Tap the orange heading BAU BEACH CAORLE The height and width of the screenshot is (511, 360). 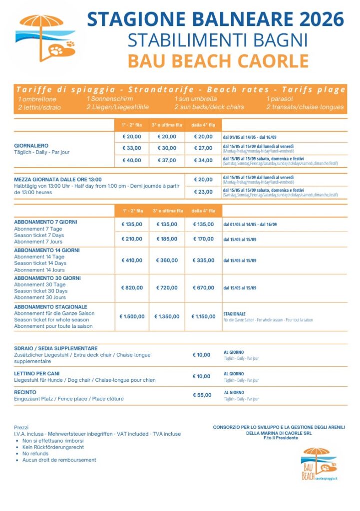coord(218,61)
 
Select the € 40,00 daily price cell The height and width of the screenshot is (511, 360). coord(132,161)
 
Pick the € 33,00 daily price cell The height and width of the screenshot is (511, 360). coord(132,148)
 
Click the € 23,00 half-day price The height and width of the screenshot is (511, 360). coord(203,192)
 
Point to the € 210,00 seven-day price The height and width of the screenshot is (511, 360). coord(132,239)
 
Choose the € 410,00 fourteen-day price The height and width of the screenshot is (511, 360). coord(132,260)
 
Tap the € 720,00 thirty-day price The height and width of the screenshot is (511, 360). coord(167,288)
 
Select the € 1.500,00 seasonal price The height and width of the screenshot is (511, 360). coord(132,316)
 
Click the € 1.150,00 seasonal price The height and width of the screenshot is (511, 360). coord(203,316)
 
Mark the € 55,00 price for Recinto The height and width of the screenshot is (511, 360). coord(202,395)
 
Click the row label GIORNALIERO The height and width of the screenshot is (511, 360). coord(31,146)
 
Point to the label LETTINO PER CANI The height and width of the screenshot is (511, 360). coord(37,374)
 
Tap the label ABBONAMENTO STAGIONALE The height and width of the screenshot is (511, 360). coord(50,307)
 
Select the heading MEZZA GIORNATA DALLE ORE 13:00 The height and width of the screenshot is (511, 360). coord(58,180)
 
